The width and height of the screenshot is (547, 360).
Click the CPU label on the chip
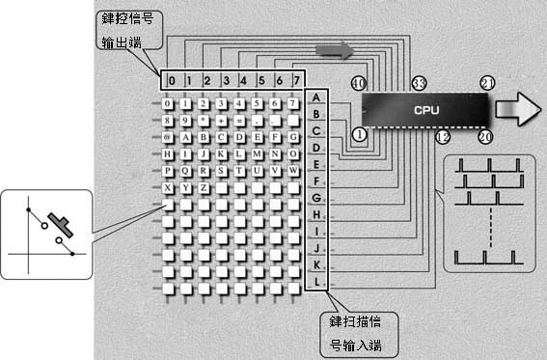[x=425, y=110]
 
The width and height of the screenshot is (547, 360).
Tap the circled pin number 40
[x=359, y=85]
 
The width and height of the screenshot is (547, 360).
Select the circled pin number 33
[x=419, y=85]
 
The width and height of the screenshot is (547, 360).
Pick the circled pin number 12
[x=442, y=137]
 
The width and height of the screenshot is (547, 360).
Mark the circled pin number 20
[x=485, y=137]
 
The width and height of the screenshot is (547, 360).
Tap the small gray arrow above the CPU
[x=335, y=50]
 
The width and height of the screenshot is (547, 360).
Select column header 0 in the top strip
[x=169, y=79]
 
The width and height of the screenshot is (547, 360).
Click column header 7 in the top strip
[x=296, y=79]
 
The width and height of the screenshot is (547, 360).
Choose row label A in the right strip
[x=316, y=97]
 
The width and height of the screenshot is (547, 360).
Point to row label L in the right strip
[x=316, y=282]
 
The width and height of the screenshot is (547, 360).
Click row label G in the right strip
[x=316, y=198]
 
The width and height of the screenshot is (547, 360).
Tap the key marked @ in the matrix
[x=169, y=137]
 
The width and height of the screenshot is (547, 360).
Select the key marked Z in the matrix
[x=205, y=187]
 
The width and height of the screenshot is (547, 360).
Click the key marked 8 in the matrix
[x=169, y=121]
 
